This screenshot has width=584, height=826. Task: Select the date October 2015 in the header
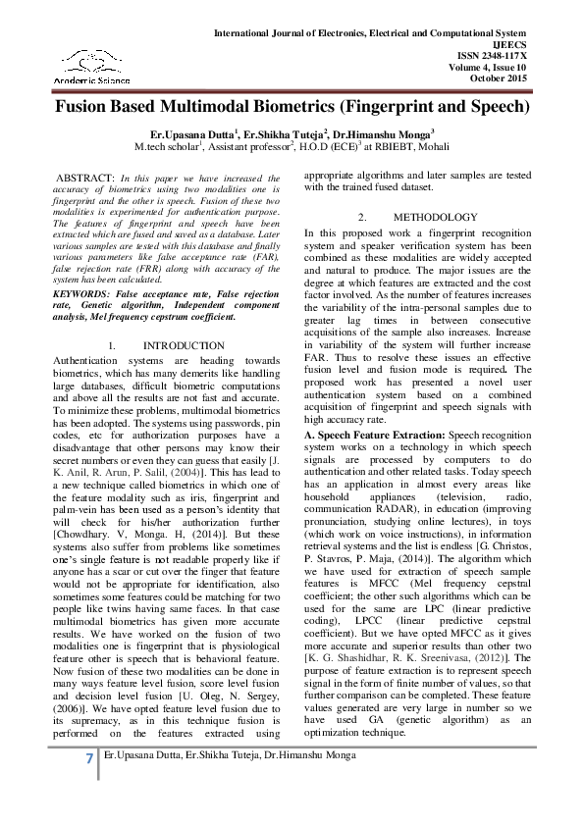(x=527, y=77)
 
